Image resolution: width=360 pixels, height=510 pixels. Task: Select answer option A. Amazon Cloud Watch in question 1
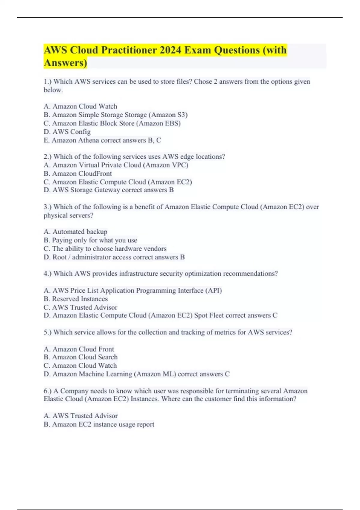(80, 106)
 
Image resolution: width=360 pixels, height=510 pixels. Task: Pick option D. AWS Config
(67, 132)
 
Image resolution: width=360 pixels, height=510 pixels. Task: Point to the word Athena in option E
(88, 140)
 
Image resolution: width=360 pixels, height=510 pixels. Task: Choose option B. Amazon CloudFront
(78, 173)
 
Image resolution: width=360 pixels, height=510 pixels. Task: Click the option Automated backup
(76, 232)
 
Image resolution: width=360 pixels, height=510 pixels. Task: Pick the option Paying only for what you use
(90, 240)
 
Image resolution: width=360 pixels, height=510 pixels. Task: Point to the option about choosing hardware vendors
(105, 248)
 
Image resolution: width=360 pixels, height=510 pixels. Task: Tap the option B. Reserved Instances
(76, 299)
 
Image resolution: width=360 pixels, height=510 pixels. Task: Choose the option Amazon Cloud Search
(81, 357)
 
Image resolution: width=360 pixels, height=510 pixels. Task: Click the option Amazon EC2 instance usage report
(99, 424)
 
